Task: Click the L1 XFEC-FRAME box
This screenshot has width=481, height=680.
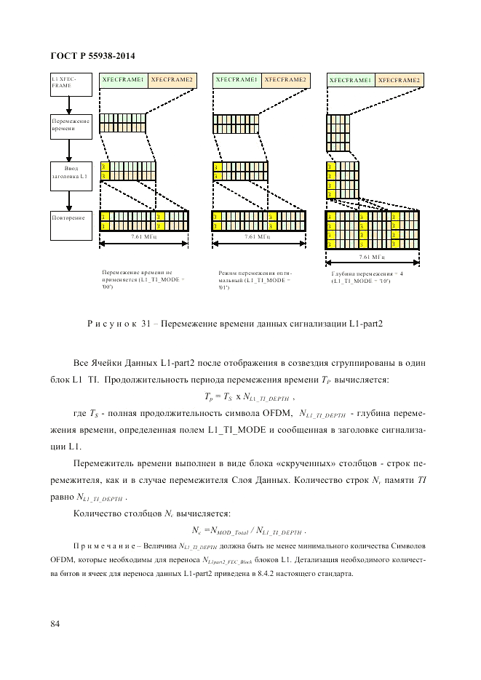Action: (x=70, y=84)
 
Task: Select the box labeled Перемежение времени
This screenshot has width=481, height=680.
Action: (x=70, y=124)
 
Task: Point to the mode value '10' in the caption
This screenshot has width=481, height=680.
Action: (x=384, y=281)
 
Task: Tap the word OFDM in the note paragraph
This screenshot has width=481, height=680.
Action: (x=62, y=559)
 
